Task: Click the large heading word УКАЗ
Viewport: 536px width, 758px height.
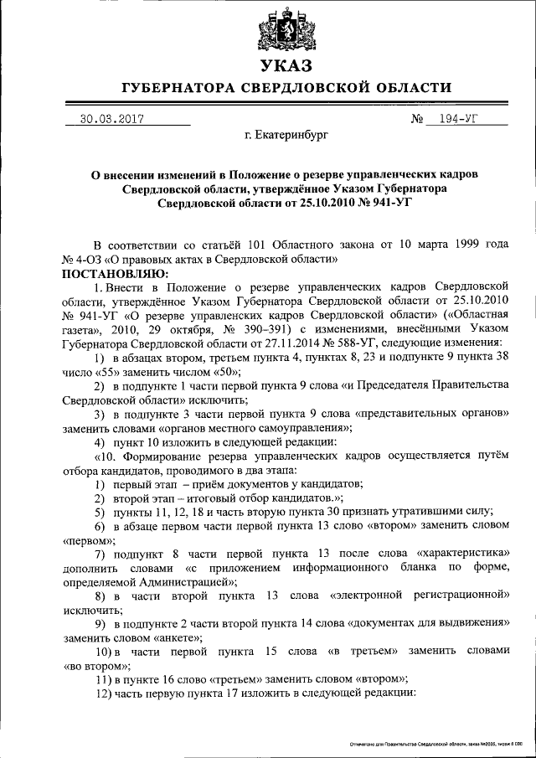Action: point(286,65)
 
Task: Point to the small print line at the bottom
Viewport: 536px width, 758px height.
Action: point(439,743)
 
